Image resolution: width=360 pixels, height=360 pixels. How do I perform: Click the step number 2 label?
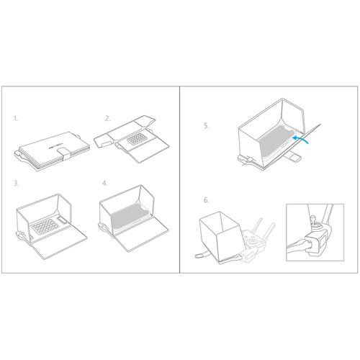pyautogui.click(x=107, y=117)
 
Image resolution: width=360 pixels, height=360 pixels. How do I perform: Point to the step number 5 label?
pyautogui.click(x=207, y=124)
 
